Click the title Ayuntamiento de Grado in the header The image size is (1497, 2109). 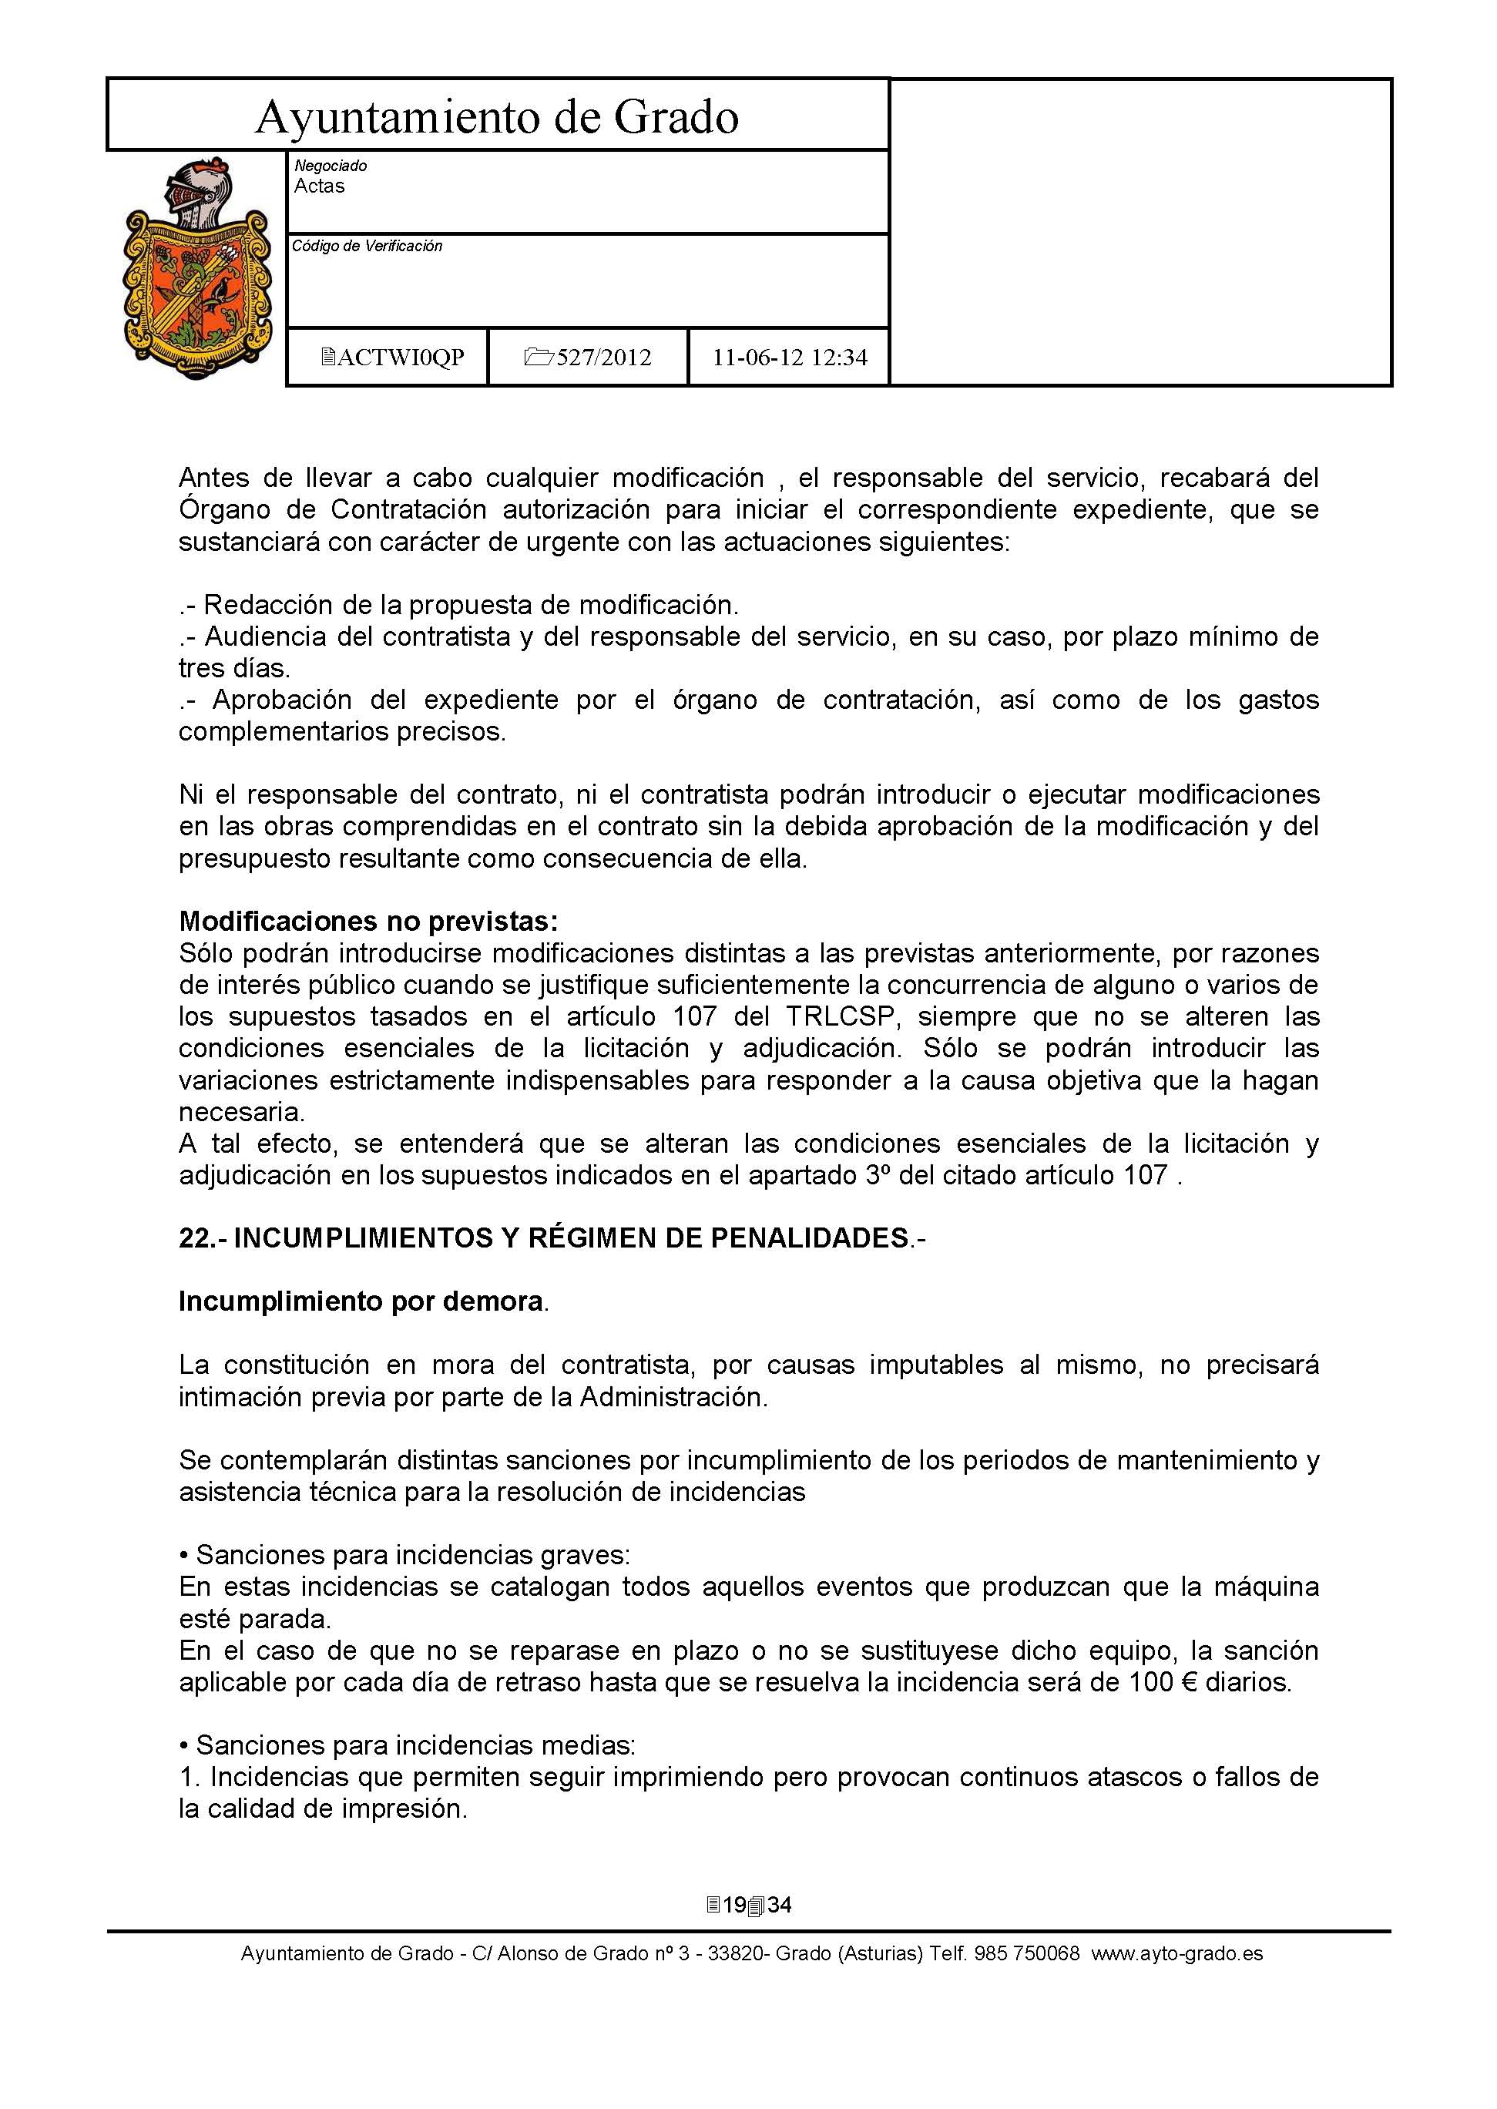(x=497, y=118)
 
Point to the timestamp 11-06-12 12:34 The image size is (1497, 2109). (x=789, y=358)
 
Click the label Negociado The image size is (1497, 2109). (x=330, y=166)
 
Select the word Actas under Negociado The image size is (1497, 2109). (x=319, y=186)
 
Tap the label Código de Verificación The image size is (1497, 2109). (x=367, y=246)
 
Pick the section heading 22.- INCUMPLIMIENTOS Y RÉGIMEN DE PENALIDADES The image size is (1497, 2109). (x=551, y=1238)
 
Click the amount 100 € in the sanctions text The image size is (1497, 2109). (x=1163, y=1682)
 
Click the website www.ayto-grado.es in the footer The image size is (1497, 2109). (x=1177, y=1953)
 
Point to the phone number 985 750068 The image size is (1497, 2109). (x=1028, y=1953)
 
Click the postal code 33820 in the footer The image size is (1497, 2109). (x=733, y=1953)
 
